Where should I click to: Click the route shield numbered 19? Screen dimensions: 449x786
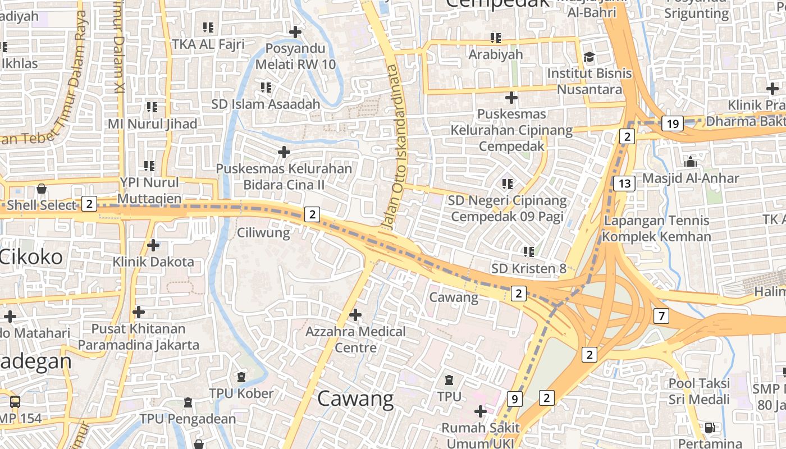(x=673, y=123)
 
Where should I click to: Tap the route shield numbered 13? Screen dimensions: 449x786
(x=624, y=183)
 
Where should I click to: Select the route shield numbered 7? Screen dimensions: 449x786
(x=661, y=316)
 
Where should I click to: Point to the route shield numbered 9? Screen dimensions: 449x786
(x=514, y=399)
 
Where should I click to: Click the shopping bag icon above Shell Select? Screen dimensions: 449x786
(x=41, y=189)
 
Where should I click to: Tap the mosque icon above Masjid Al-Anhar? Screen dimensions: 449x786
(x=691, y=162)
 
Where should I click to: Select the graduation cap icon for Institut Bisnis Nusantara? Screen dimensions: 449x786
(x=589, y=57)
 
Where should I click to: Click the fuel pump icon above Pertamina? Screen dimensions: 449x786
(x=710, y=428)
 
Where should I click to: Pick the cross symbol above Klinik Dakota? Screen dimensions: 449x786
(x=153, y=245)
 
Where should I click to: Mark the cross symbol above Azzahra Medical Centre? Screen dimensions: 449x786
(x=355, y=315)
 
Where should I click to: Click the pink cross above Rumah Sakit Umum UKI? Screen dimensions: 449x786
(x=480, y=411)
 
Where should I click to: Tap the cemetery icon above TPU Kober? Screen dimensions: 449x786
(x=241, y=377)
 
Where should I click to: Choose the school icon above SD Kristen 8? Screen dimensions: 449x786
(x=528, y=252)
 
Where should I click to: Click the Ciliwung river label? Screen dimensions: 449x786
(x=263, y=232)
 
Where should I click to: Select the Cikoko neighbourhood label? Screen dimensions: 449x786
(x=31, y=257)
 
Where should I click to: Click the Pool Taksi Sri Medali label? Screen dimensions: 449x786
(x=699, y=391)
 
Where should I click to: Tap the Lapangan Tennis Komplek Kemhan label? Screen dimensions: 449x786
(x=656, y=228)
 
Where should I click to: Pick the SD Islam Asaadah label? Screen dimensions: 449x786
(x=266, y=104)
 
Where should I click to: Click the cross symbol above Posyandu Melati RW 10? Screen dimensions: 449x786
(x=295, y=32)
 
